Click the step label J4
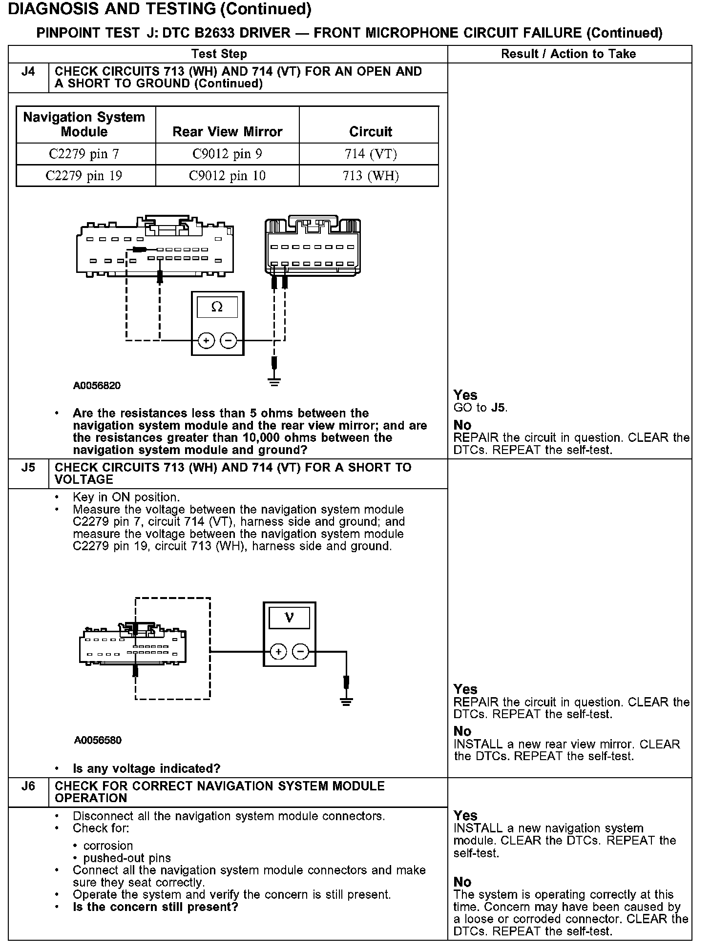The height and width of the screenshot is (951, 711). click(28, 72)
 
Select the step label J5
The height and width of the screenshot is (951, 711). click(28, 468)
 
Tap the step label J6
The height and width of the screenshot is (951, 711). click(28, 786)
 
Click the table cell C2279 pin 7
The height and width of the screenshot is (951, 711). click(84, 154)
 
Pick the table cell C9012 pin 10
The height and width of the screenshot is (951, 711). click(227, 176)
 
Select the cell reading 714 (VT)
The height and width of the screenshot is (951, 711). click(371, 154)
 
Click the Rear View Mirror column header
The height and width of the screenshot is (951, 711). click(227, 132)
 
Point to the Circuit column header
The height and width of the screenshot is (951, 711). click(371, 132)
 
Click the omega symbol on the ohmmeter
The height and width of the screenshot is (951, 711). click(217, 307)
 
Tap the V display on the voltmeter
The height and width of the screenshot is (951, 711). click(289, 618)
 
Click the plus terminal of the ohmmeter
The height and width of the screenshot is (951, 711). click(206, 340)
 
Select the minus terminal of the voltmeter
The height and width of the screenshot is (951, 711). click(300, 651)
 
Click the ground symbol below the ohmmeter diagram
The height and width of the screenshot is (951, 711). click(274, 381)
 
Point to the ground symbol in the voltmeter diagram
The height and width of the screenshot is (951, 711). click(346, 702)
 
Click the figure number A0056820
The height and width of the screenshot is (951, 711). click(97, 386)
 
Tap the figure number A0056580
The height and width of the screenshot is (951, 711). click(98, 740)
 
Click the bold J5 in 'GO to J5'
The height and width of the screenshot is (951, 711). click(498, 408)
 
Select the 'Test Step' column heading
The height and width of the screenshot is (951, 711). click(219, 54)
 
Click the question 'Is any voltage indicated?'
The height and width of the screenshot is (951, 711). click(146, 769)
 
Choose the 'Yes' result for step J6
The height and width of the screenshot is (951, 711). click(465, 816)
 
